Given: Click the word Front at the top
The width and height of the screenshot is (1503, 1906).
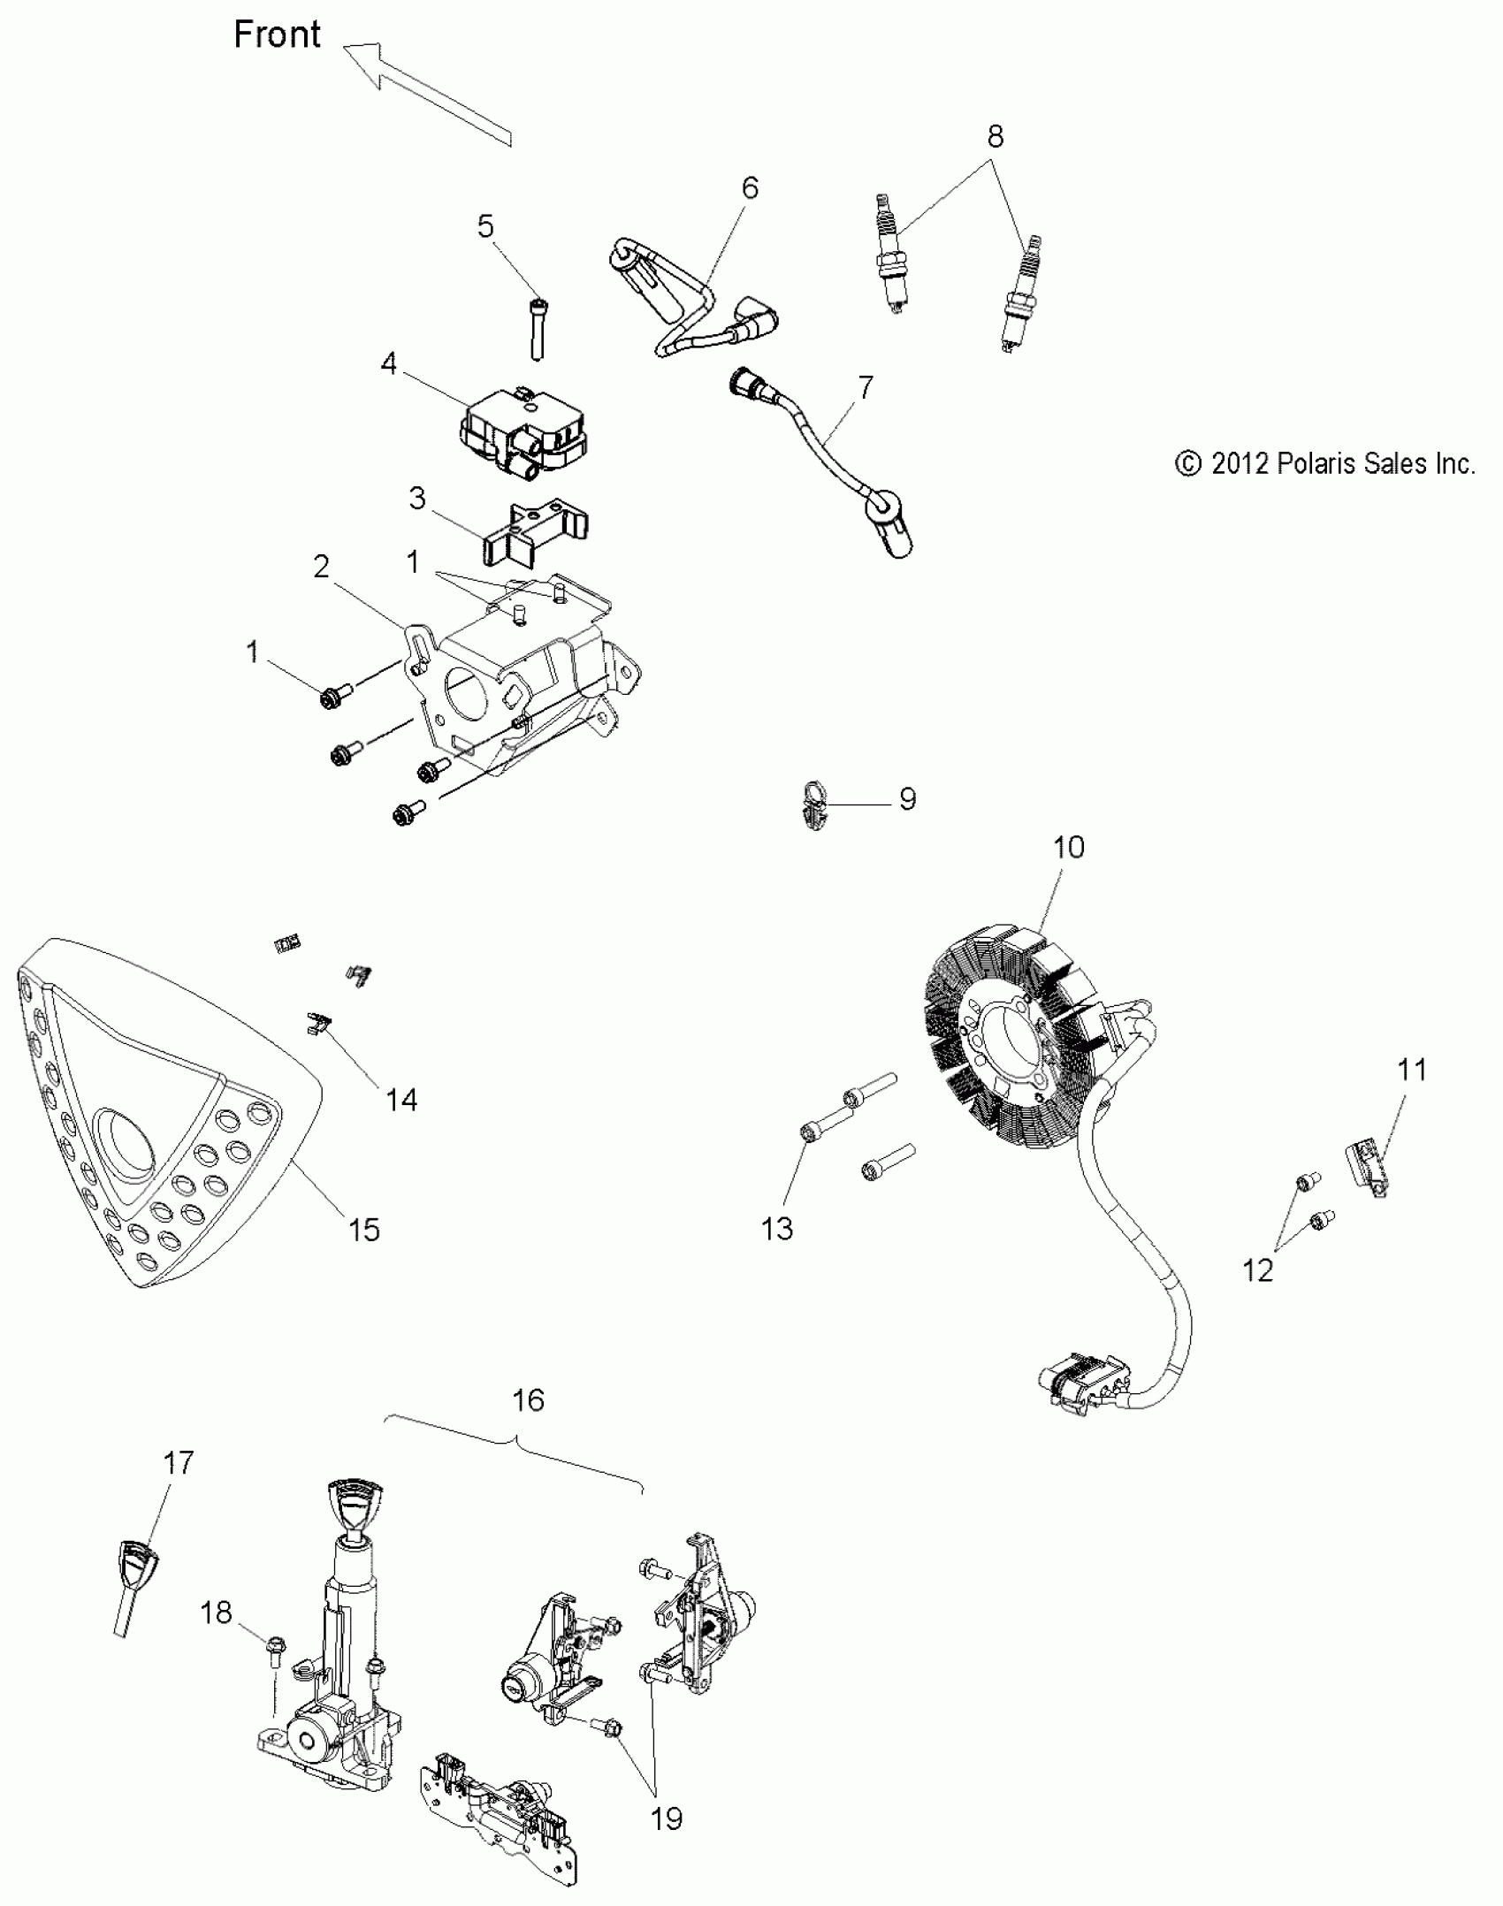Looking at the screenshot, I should click(277, 35).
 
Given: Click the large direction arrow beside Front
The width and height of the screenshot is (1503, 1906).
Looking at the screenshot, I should click(424, 93).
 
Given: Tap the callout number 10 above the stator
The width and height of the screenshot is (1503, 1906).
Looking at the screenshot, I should click(1068, 848).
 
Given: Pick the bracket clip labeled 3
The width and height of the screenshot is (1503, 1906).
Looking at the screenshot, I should click(535, 535).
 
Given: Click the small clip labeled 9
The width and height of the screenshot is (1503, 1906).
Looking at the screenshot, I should click(815, 805).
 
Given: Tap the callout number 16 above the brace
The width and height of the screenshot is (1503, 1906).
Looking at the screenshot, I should click(528, 1400).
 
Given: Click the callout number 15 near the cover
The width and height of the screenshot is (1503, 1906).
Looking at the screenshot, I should click(364, 1230).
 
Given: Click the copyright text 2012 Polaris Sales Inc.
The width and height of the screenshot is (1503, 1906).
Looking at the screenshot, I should click(1325, 464).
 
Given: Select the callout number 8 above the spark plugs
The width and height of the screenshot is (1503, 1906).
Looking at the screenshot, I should click(995, 137).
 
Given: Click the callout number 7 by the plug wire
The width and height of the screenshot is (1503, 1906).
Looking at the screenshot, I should click(866, 387).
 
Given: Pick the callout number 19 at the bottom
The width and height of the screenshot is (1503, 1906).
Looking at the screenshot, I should click(667, 1819).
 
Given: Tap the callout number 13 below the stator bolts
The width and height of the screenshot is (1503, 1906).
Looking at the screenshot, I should click(777, 1229).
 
